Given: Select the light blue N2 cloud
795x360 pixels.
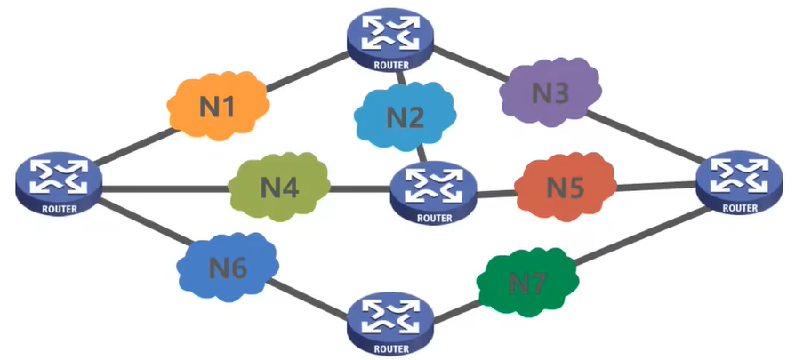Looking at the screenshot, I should pos(406,116).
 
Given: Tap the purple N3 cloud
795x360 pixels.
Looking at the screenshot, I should pos(550,91).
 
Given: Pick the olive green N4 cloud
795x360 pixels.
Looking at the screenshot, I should pos(278,188).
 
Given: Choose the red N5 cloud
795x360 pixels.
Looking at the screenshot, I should pos(564,188).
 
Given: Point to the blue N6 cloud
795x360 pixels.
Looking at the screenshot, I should pos(227,266).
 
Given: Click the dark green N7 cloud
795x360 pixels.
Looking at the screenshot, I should pos(526,282).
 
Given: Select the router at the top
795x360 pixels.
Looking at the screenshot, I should pos(397,41).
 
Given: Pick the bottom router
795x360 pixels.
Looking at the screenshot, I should pos(392,322).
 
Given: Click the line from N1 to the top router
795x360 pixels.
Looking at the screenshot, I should pos(307,69).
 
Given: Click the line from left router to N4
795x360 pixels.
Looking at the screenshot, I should pos(165,188).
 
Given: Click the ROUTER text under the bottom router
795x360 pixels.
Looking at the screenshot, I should pos(392,348).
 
